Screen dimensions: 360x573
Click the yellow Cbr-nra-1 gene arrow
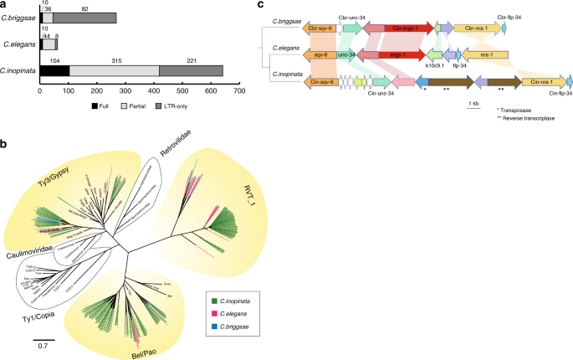click(x=478, y=28)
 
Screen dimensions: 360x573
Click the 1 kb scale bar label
click(x=473, y=103)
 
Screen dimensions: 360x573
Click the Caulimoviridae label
click(x=34, y=250)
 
